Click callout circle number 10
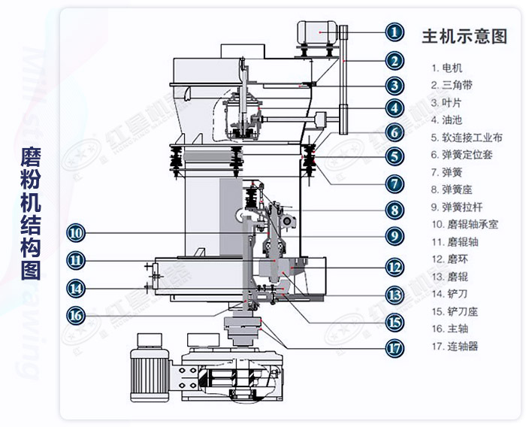76,232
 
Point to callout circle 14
76,286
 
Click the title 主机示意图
464,36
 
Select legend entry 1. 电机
447,68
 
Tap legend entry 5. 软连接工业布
467,137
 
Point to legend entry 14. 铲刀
450,294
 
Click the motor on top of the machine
319,32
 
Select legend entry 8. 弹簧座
452,189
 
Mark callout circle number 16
76,315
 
